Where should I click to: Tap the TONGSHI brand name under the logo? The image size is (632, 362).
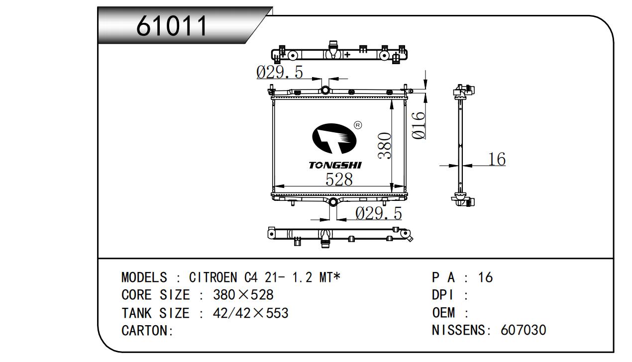335,165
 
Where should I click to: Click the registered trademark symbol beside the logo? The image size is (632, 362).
357,125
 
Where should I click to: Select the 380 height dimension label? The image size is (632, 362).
384,146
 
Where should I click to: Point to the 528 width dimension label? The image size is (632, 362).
339,179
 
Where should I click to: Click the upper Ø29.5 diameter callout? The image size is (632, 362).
279,72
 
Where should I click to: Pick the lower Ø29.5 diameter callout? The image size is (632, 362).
378,213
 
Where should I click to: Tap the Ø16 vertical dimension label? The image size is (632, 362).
419,125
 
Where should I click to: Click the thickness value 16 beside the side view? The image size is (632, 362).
496,159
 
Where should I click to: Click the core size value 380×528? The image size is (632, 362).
243,295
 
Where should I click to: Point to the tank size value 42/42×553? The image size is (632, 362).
250,313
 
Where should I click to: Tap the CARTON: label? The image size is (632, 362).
147,331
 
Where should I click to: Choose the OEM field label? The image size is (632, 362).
443,313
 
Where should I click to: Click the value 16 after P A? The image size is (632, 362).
485,277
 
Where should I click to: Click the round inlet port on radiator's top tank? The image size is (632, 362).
325,90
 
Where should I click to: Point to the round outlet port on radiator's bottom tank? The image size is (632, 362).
332,202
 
